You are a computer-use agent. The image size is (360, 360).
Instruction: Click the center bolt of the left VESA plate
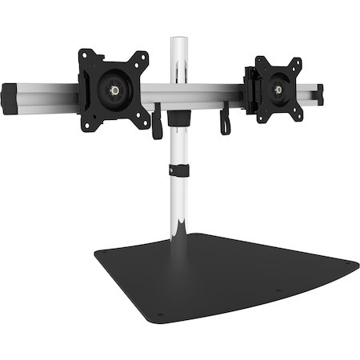[114, 90]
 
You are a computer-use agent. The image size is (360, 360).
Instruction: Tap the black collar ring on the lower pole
[179, 170]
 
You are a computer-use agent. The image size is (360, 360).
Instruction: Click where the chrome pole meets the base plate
[181, 237]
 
